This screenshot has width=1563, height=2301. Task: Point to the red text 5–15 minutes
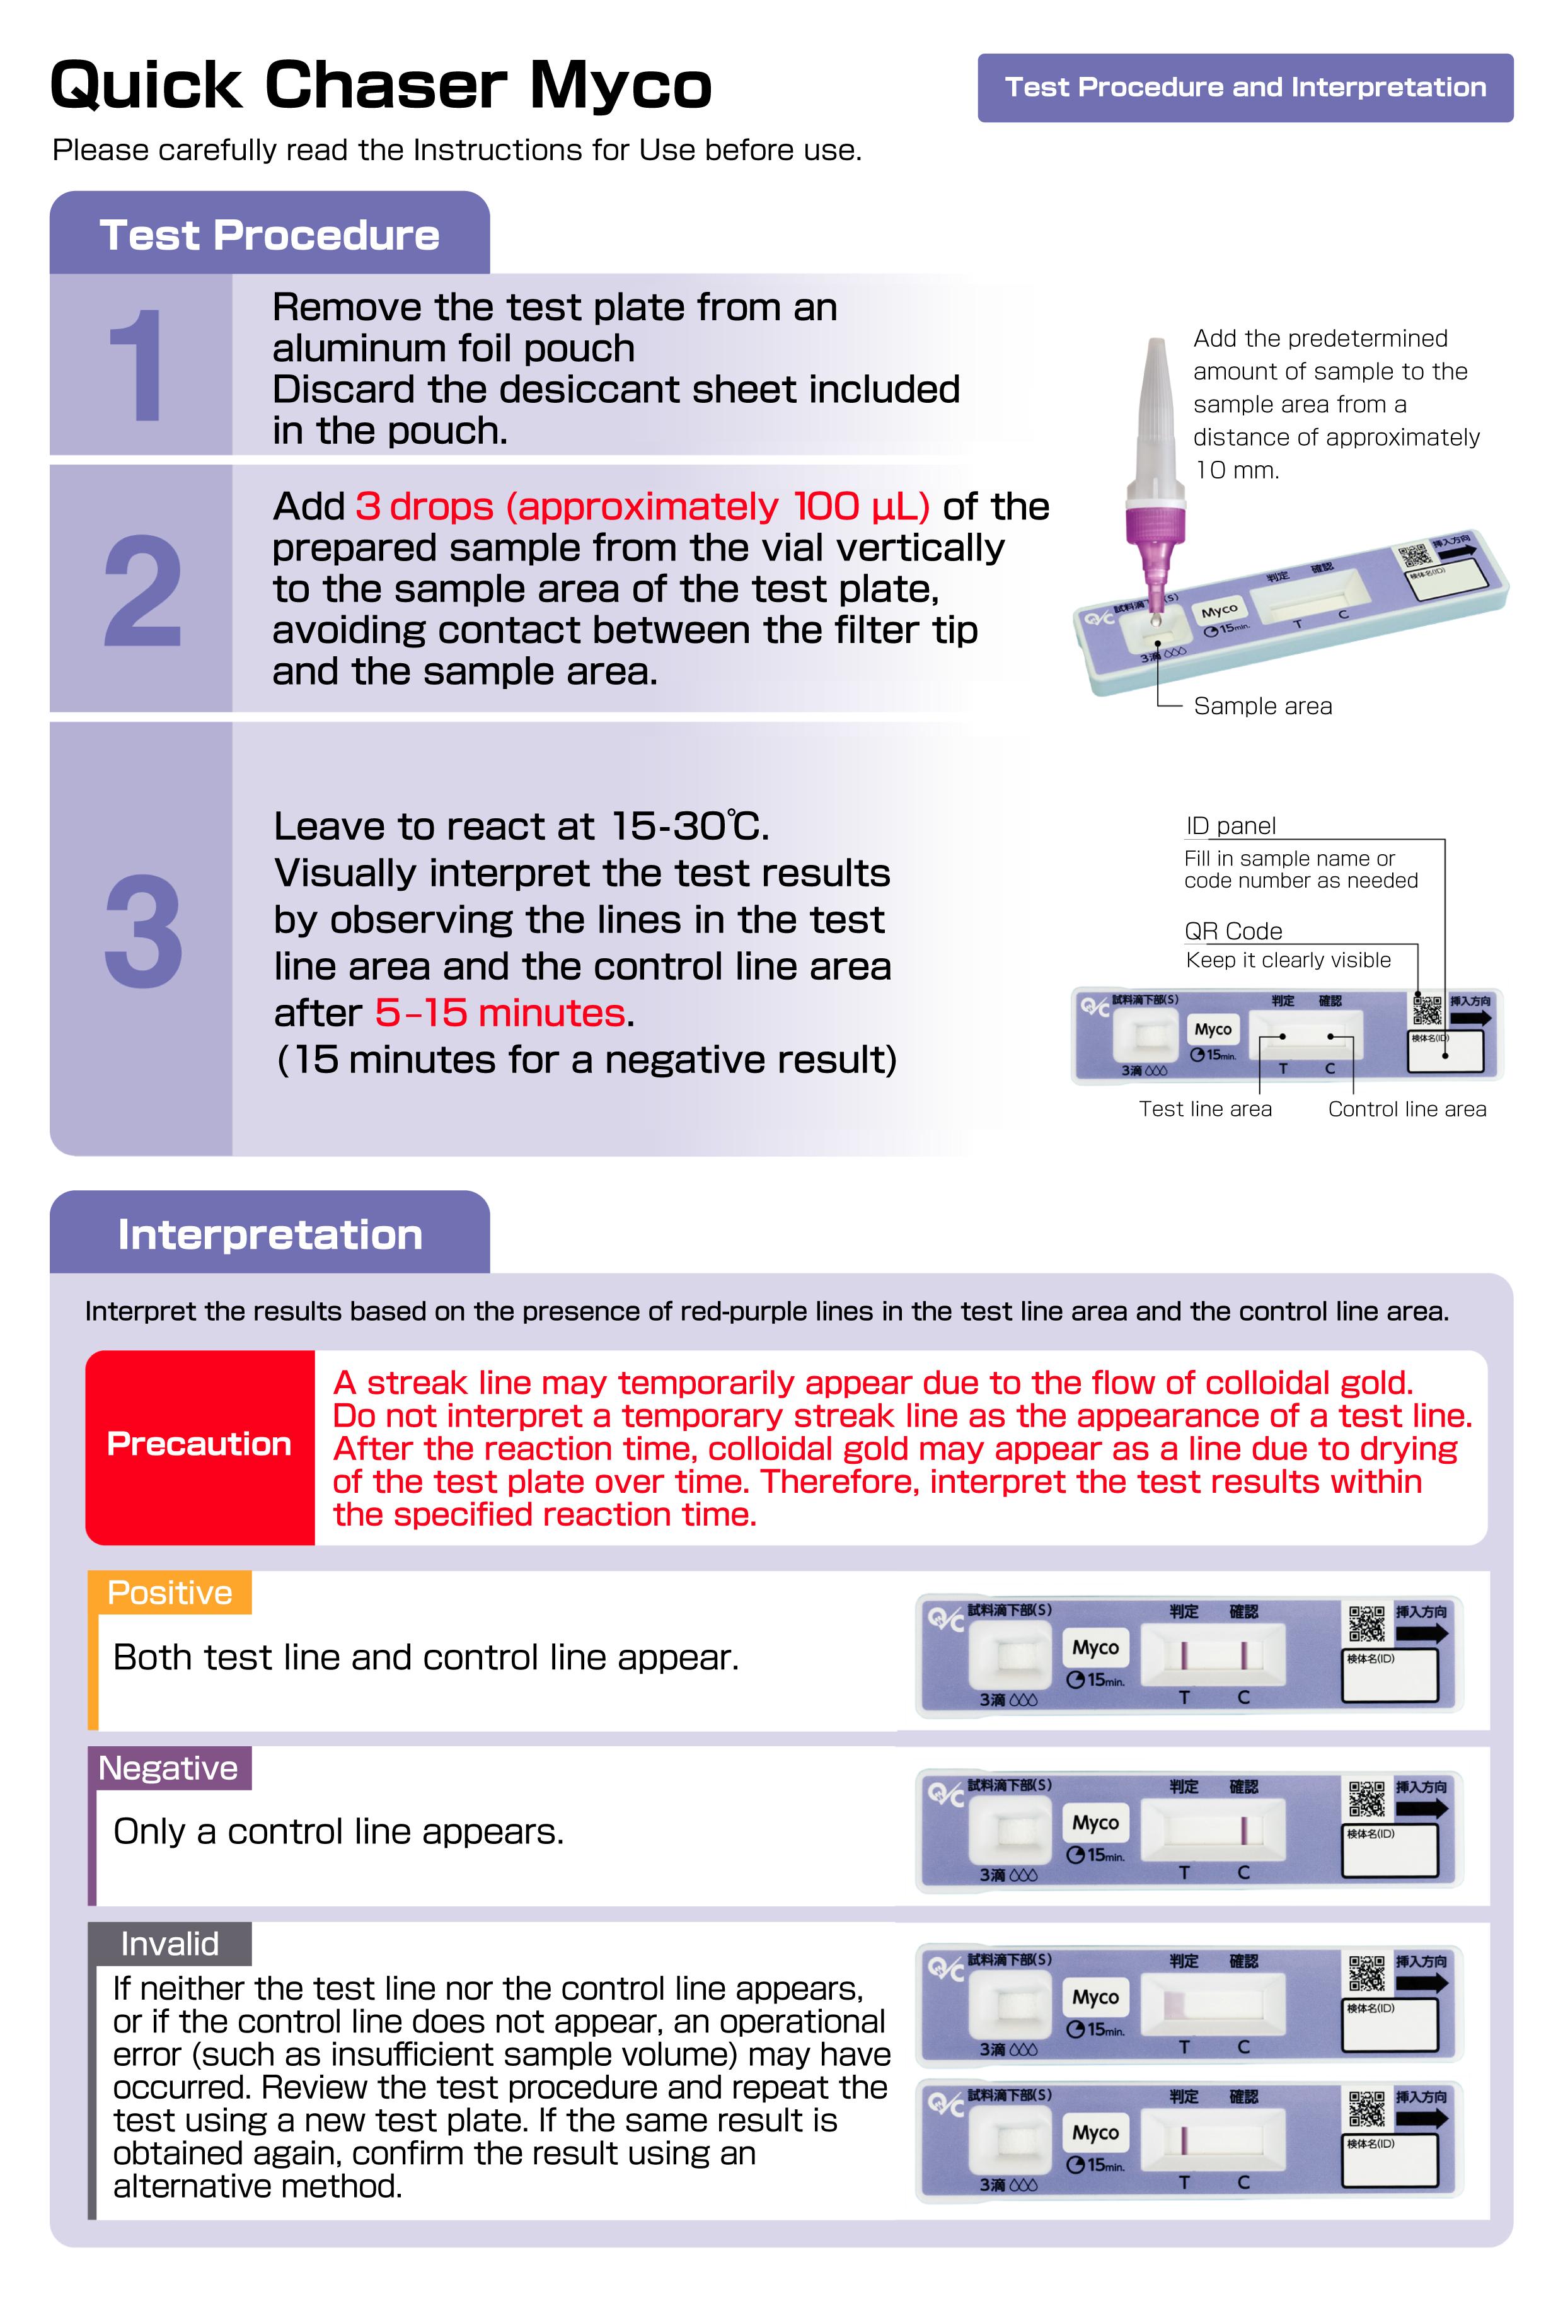[x=499, y=1013]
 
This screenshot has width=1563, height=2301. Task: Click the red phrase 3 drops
[x=424, y=506]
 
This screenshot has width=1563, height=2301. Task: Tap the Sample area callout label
[x=1262, y=706]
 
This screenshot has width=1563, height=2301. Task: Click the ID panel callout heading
[x=1230, y=826]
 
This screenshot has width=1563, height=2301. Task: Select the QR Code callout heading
[x=1232, y=930]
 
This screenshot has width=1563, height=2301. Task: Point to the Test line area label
[x=1204, y=1109]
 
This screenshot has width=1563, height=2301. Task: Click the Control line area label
[x=1407, y=1109]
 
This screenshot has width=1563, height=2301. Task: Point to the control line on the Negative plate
[x=1244, y=1829]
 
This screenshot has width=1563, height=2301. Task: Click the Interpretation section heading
[x=269, y=1234]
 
